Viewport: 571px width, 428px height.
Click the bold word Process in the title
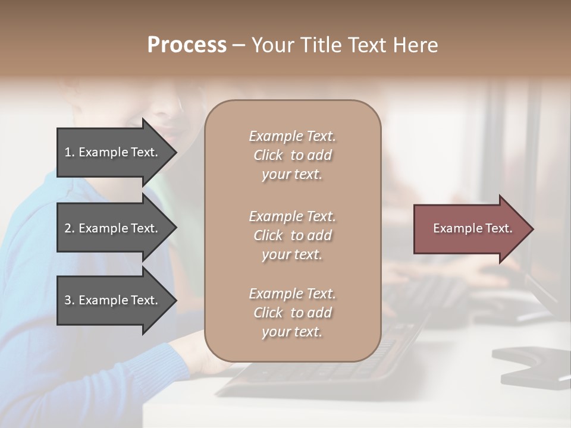pos(187,45)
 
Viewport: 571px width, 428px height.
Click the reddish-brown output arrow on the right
pos(470,229)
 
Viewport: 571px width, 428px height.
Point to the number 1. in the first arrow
pos(70,152)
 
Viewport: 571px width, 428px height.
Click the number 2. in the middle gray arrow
pos(70,228)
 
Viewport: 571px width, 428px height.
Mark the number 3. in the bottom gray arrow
pos(70,300)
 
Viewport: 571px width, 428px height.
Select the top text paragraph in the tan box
pos(292,155)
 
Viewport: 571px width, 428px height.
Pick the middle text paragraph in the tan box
pos(292,235)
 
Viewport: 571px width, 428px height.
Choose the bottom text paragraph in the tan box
pos(292,313)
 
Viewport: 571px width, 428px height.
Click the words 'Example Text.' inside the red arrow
pos(472,228)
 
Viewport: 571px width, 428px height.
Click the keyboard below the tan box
pos(321,374)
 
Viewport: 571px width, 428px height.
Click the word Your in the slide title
pos(271,45)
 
